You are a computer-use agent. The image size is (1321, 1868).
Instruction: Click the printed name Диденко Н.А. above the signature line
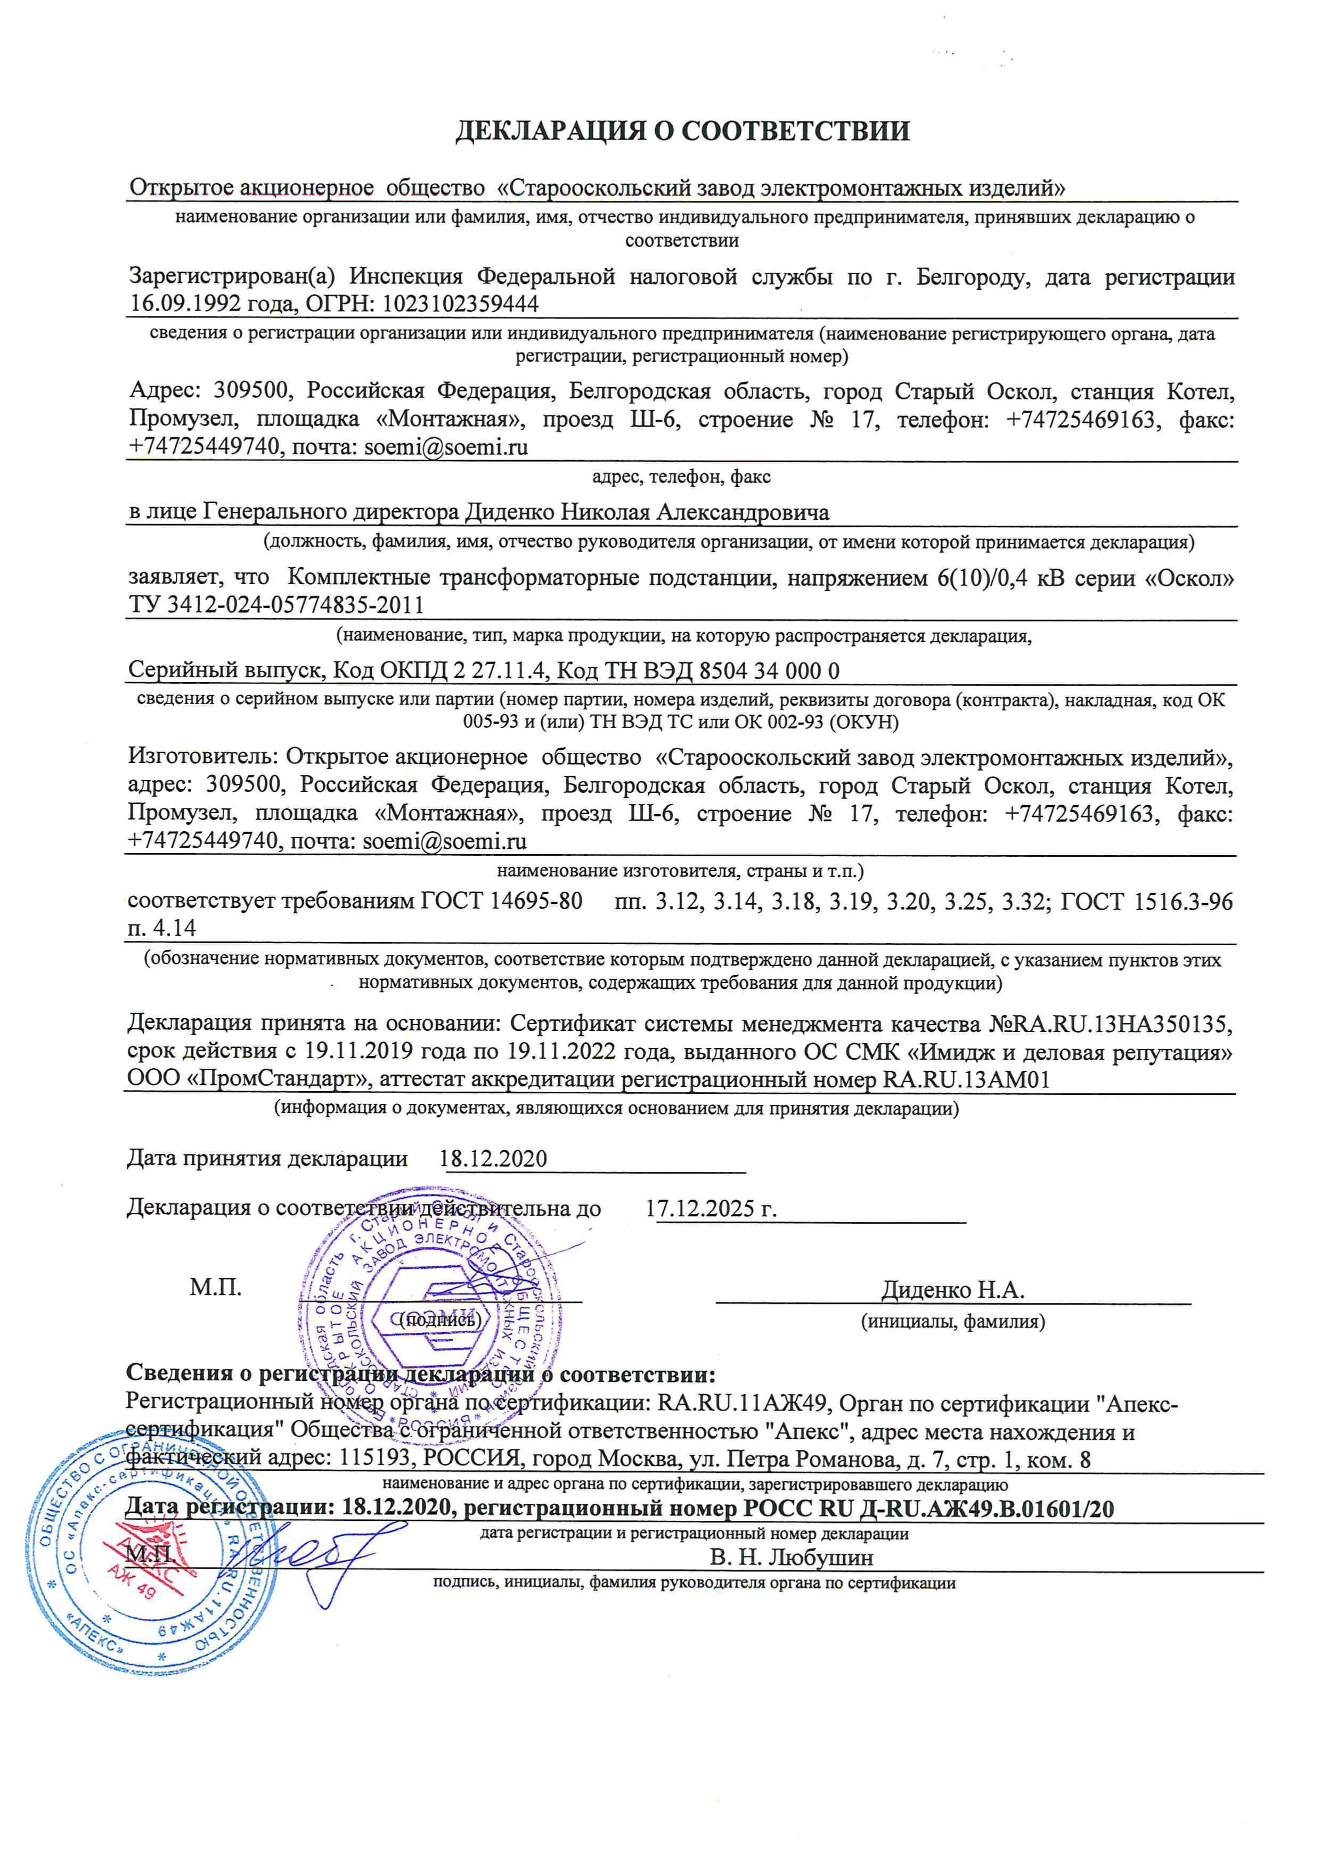(x=952, y=1290)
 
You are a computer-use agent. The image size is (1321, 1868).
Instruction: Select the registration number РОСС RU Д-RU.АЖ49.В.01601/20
(x=928, y=1509)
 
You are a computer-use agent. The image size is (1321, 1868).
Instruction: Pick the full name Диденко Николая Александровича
(x=647, y=513)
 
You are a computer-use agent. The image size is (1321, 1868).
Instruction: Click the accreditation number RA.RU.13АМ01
(x=966, y=1079)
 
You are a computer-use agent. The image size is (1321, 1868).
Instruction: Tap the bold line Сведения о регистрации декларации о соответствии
(x=421, y=1375)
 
